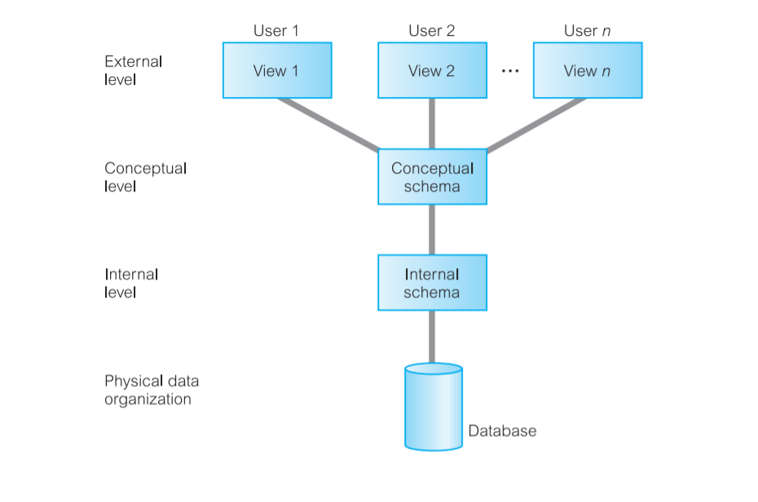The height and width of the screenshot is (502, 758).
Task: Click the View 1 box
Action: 277,71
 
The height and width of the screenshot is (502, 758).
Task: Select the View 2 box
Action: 432,71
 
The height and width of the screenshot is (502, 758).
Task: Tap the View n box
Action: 588,71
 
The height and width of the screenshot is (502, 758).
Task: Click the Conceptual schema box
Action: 432,178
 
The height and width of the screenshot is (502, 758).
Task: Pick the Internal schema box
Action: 432,283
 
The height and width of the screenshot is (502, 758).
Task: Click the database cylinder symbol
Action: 433,407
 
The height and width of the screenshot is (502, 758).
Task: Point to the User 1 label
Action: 276,31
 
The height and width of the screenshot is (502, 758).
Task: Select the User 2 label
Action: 432,31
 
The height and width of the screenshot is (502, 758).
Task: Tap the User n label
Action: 588,31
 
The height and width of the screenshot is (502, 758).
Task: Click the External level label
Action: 134,71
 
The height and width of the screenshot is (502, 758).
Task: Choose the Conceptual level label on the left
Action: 146,178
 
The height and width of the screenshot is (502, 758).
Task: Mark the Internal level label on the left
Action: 131,283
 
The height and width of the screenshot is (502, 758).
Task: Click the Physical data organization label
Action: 152,390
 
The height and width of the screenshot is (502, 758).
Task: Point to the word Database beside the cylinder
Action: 502,431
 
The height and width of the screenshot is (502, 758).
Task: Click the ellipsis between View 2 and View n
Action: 510,72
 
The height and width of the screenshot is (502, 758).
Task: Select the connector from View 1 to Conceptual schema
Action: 329,125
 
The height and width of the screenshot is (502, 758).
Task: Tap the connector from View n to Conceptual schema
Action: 535,125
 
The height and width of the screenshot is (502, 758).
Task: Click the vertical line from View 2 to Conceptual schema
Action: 432,124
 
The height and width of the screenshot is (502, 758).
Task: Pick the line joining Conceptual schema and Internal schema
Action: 432,230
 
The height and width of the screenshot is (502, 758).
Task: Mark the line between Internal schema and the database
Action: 432,337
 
